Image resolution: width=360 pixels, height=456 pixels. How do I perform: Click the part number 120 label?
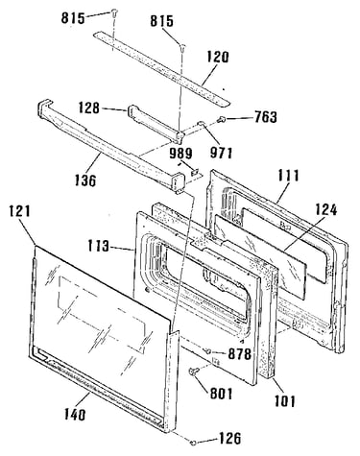click(x=218, y=58)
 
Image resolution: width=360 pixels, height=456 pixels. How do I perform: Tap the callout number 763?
click(x=266, y=117)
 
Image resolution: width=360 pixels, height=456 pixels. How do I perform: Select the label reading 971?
click(x=221, y=153)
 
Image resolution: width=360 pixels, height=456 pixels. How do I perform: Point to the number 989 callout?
click(x=181, y=154)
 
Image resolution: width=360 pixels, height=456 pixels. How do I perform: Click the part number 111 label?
click(x=288, y=176)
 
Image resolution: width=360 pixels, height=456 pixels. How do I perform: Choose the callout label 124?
click(x=326, y=210)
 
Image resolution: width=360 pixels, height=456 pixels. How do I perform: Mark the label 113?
click(x=99, y=247)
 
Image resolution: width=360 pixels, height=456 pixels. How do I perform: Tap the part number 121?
click(x=19, y=211)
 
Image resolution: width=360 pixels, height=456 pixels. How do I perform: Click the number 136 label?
click(x=85, y=180)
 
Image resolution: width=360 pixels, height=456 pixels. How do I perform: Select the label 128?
click(x=88, y=108)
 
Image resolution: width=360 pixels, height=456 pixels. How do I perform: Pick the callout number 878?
click(x=239, y=354)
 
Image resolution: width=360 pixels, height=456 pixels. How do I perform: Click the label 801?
click(x=221, y=394)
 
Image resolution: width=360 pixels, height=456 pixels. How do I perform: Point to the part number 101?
click(x=285, y=400)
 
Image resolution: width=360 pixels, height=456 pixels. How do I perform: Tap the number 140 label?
click(x=75, y=415)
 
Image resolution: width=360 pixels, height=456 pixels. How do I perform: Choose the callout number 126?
click(x=229, y=439)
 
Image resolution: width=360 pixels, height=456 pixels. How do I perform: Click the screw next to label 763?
click(x=221, y=119)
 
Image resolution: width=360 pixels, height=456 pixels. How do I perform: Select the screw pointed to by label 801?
click(x=194, y=372)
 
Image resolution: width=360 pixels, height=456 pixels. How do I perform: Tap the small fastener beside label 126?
click(x=193, y=443)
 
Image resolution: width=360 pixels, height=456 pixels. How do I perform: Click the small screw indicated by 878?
click(x=207, y=351)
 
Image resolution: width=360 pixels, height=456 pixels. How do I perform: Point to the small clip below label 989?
click(x=194, y=172)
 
